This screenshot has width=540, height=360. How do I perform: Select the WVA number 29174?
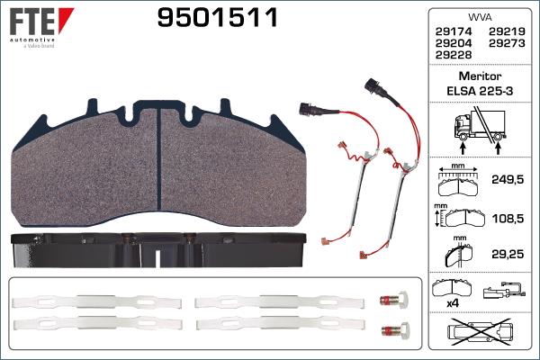pyautogui.click(x=454, y=31)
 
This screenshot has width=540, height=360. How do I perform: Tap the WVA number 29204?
pyautogui.click(x=454, y=42)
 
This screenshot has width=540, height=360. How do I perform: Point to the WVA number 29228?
pyautogui.click(x=454, y=54)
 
